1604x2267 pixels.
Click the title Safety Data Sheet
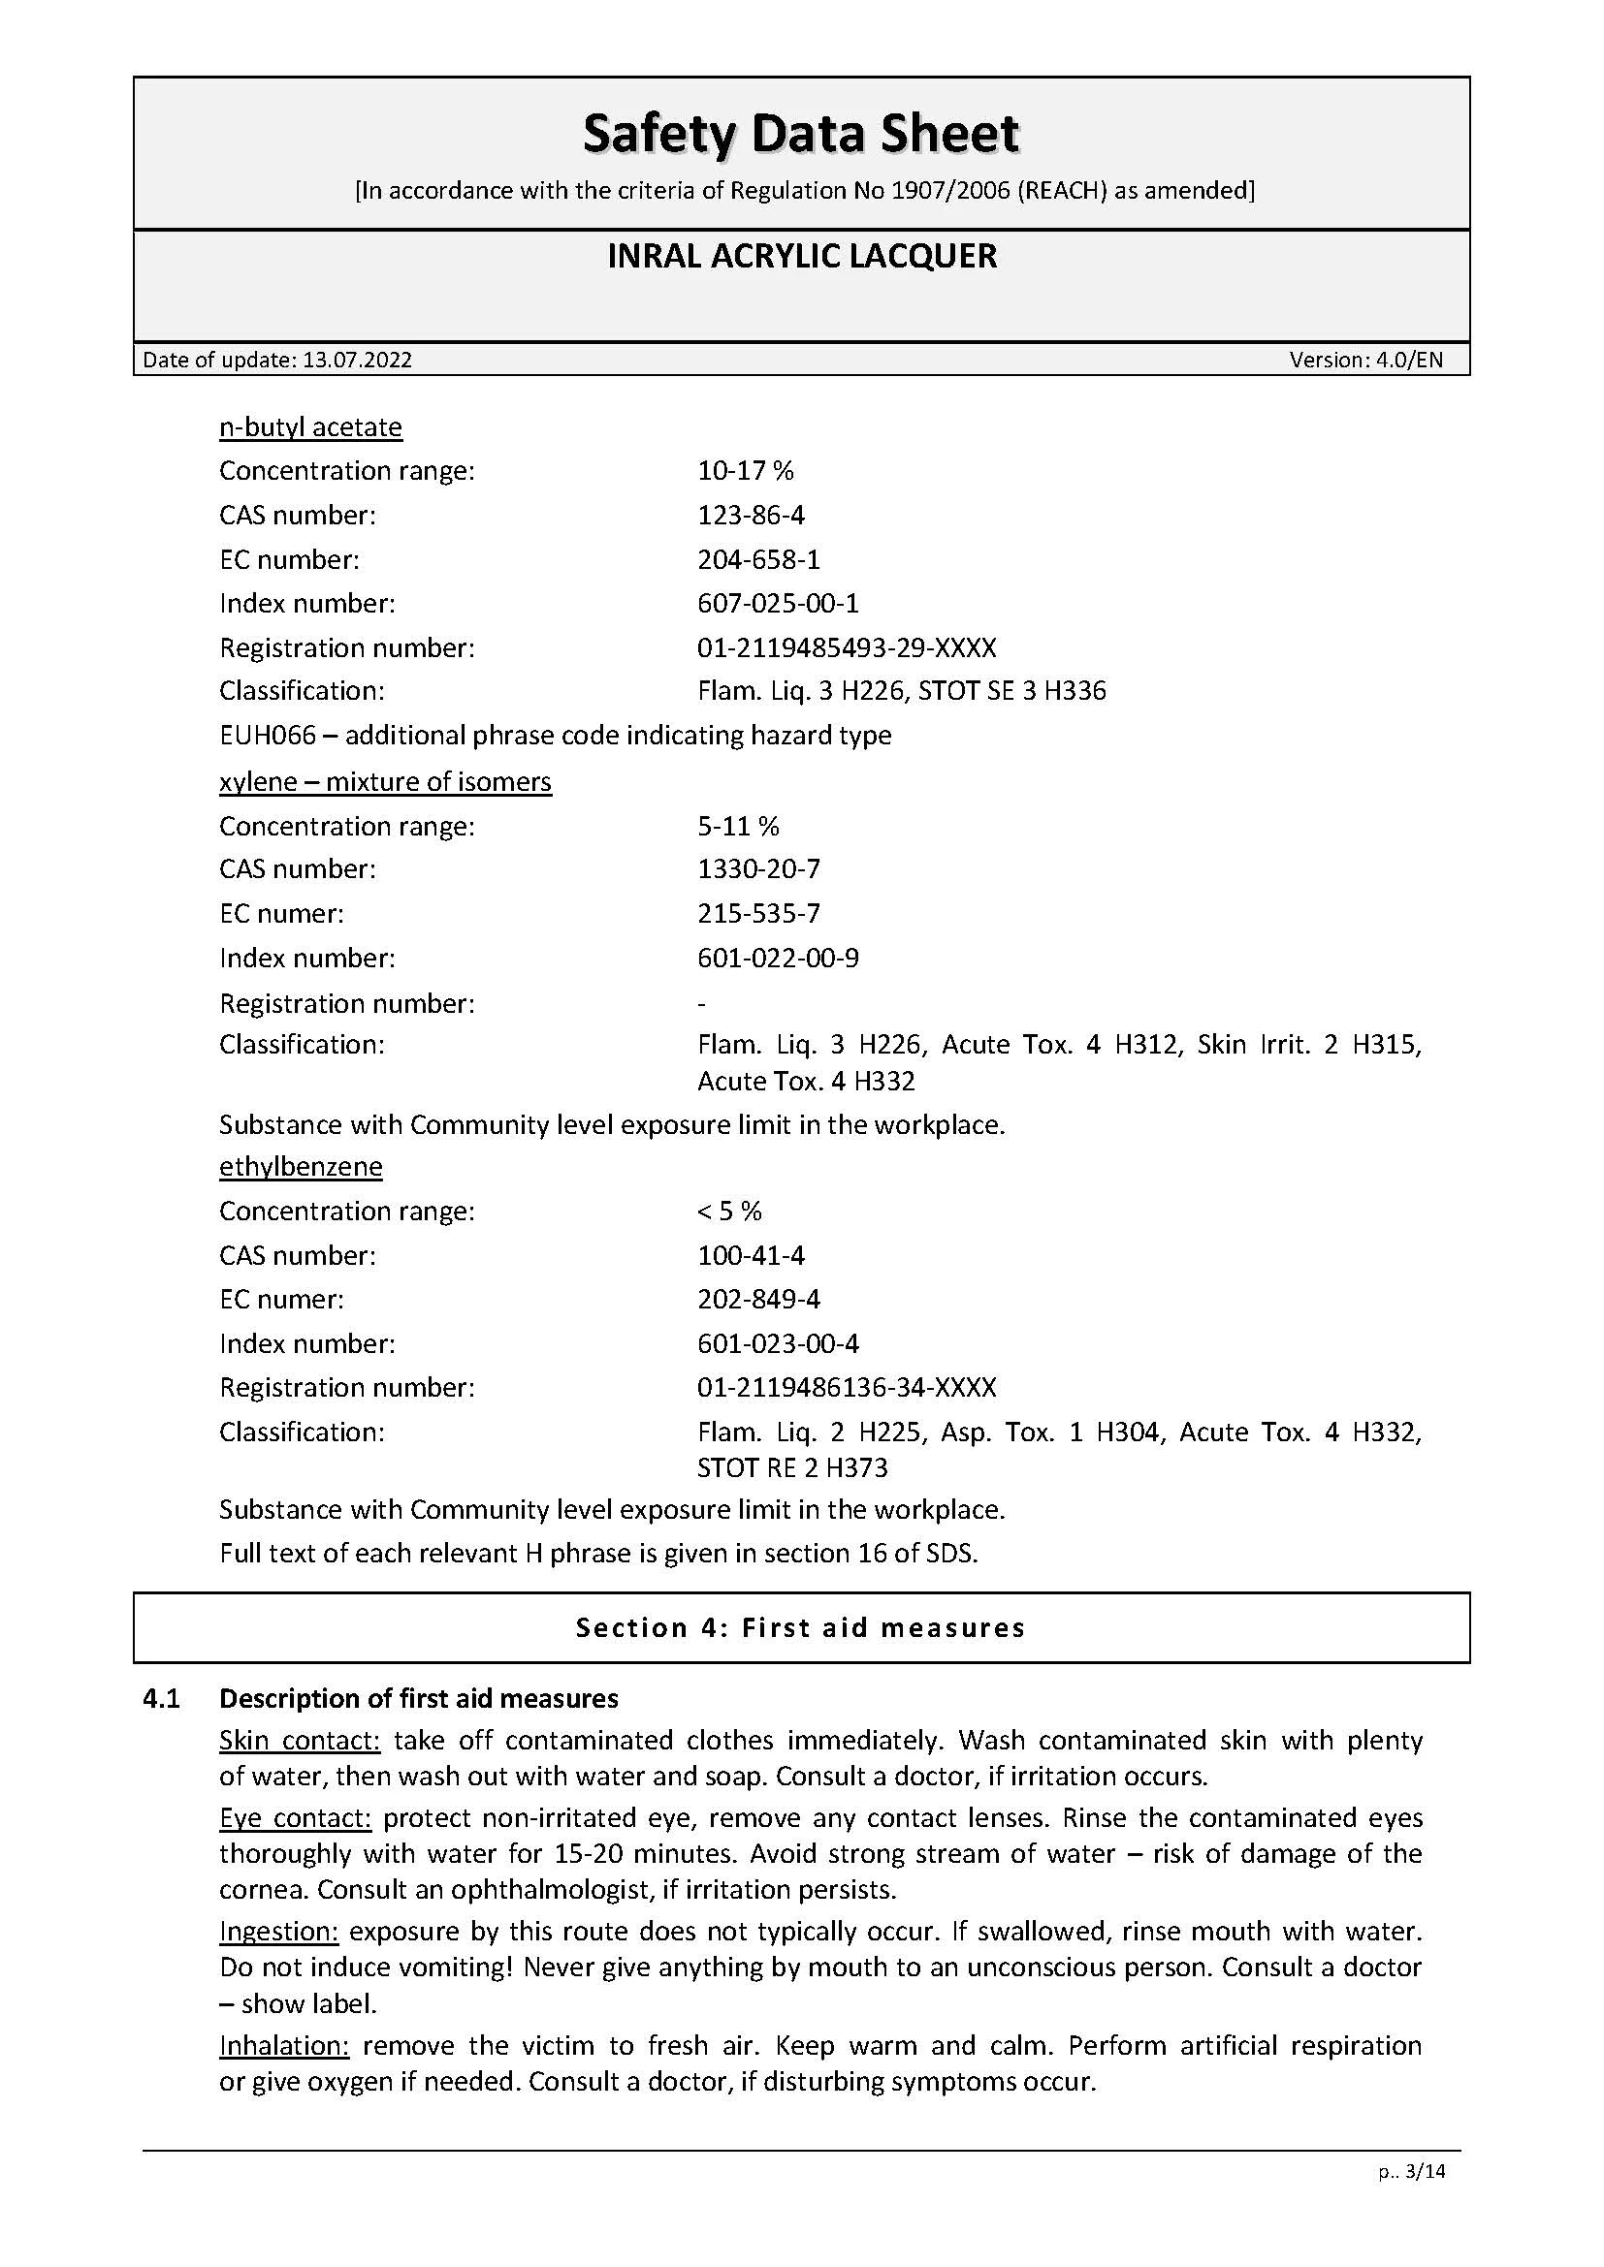801,134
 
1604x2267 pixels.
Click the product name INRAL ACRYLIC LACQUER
801,257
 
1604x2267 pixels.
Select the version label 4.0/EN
1407,360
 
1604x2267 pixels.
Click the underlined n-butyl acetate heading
310,427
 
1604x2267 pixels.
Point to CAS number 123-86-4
751,516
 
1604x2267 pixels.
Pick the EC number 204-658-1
758,560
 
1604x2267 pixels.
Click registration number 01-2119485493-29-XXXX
847,647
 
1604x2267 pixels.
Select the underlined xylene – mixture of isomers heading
385,782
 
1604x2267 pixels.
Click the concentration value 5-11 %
738,826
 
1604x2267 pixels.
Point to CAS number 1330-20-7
758,868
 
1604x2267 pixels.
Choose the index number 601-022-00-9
778,958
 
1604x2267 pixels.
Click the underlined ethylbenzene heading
301,1167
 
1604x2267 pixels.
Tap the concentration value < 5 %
729,1212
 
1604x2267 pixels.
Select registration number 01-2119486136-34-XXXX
847,1387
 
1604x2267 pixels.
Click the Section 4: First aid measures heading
801,1628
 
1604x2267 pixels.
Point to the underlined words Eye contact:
295,1818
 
